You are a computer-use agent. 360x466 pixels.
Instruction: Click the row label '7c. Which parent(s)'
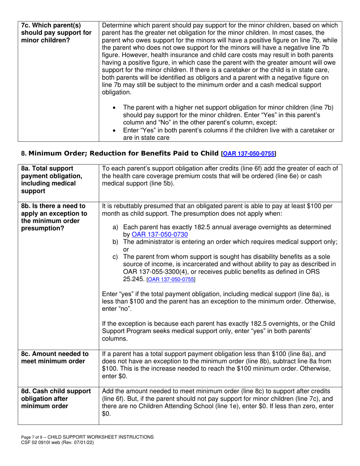(x=51, y=26)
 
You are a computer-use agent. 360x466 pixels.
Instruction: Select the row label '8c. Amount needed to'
(x=55, y=354)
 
